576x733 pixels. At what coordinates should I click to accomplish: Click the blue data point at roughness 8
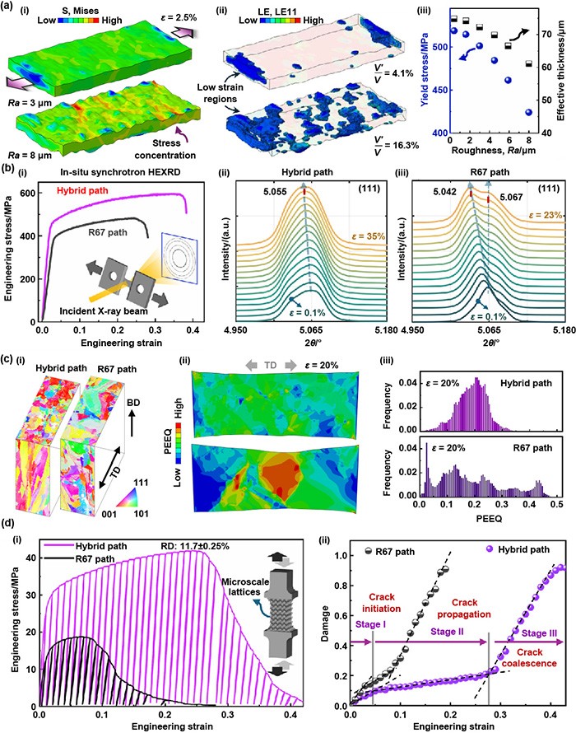(x=529, y=113)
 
